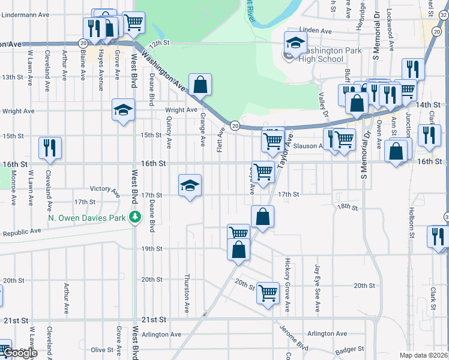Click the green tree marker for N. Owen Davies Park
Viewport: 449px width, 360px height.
[136, 217]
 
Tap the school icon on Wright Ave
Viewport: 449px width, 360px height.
[123, 110]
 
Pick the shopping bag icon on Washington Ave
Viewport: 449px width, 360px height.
[200, 85]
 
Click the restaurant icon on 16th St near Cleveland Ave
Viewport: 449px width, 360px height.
[50, 148]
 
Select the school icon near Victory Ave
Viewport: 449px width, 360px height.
[190, 186]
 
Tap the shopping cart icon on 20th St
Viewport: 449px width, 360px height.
[268, 293]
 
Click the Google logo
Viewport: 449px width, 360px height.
[20, 353]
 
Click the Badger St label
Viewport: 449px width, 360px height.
[351, 349]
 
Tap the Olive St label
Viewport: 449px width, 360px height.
[102, 350]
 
